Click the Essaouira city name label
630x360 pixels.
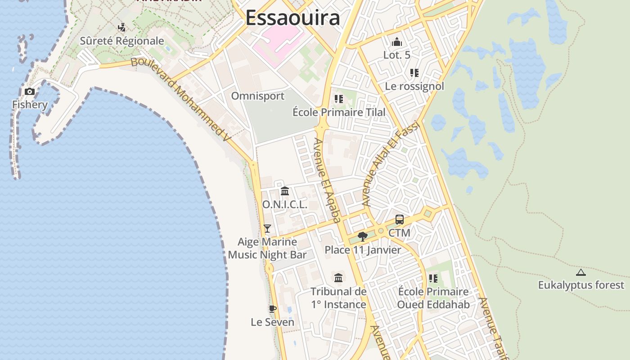tap(292, 18)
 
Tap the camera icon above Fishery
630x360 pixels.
tap(30, 92)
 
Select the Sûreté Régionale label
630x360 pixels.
tap(122, 41)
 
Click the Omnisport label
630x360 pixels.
tap(258, 96)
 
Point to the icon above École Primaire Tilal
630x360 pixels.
tap(339, 99)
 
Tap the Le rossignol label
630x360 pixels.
tap(414, 86)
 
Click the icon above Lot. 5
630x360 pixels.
tap(396, 42)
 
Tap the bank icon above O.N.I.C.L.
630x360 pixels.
tap(285, 191)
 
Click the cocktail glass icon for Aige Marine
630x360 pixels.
tap(267, 229)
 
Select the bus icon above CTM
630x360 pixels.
tap(400, 220)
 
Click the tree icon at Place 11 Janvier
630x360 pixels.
tap(362, 237)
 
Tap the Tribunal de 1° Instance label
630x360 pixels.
tap(338, 298)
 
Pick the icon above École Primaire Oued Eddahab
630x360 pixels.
tap(433, 279)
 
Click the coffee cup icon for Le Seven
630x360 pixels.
tap(272, 309)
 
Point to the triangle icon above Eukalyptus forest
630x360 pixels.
tap(581, 272)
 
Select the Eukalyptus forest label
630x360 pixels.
tap(581, 285)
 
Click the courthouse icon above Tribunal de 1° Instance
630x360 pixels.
tap(338, 278)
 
